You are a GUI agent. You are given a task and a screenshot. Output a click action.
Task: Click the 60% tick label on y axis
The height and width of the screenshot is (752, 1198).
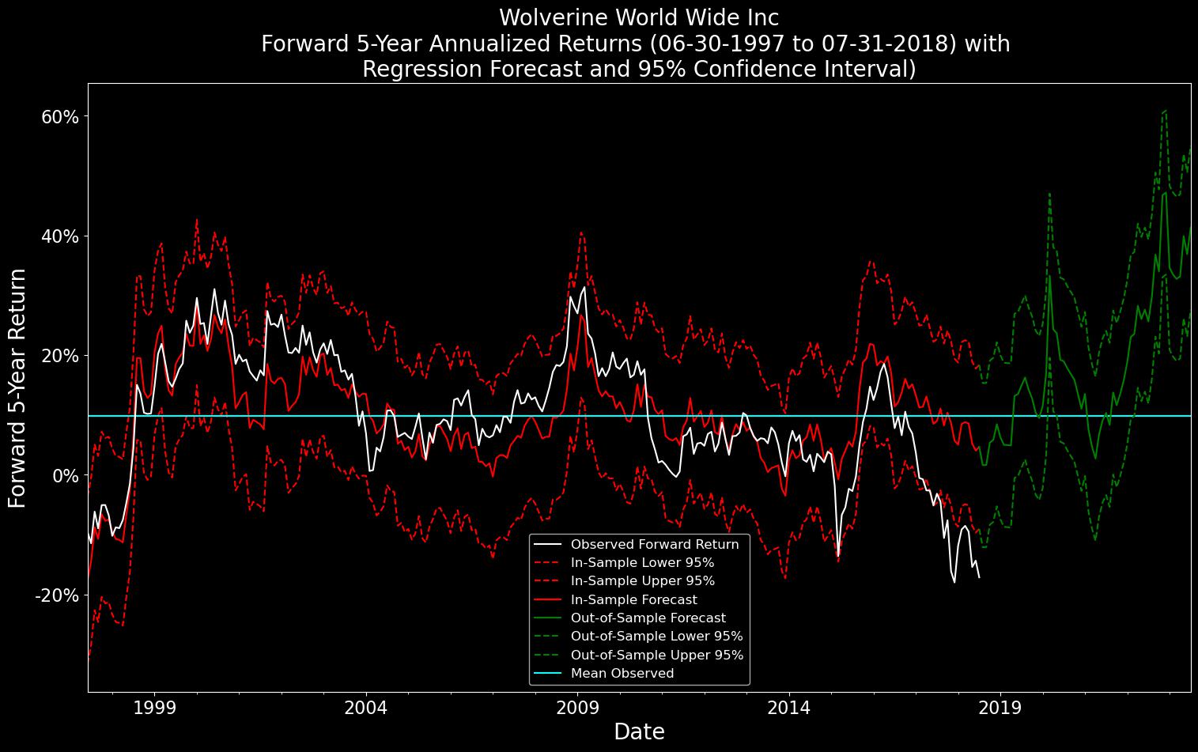[59, 117]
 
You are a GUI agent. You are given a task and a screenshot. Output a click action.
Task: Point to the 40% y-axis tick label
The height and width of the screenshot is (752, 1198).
[59, 236]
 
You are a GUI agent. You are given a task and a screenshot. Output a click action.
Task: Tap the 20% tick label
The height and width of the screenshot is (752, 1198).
[59, 356]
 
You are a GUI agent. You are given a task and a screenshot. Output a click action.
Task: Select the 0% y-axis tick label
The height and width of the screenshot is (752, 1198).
[65, 475]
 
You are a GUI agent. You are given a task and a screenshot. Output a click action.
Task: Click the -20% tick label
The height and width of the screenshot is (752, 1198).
[56, 595]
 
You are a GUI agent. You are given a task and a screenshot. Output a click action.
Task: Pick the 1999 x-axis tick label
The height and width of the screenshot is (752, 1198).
[154, 707]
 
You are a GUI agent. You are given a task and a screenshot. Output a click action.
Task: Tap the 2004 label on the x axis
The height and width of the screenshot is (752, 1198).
[366, 707]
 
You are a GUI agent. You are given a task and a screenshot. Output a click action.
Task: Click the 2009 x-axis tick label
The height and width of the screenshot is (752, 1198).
[577, 707]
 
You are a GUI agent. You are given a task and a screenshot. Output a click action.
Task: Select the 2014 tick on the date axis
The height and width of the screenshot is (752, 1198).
[789, 707]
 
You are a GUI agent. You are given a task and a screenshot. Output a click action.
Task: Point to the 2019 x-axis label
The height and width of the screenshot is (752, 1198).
[1001, 707]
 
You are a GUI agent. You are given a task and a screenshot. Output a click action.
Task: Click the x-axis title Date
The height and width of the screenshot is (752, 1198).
[639, 732]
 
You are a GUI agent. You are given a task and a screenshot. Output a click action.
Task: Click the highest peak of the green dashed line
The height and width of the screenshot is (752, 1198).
[1166, 111]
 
